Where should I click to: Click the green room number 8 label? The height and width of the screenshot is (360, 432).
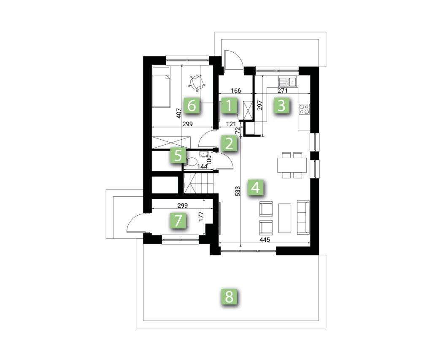pyautogui.click(x=229, y=296)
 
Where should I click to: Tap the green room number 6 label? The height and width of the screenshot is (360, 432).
pyautogui.click(x=192, y=105)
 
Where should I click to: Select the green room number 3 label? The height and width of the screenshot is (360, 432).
pyautogui.click(x=281, y=105)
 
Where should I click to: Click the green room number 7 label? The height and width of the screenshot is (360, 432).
pyautogui.click(x=178, y=221)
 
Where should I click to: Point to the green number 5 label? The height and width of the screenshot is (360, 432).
pyautogui.click(x=178, y=155)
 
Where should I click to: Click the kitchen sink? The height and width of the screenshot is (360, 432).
pyautogui.click(x=287, y=82)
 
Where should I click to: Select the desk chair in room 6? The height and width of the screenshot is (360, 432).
pyautogui.click(x=197, y=82)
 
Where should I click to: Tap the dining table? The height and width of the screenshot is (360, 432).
pyautogui.click(x=292, y=165)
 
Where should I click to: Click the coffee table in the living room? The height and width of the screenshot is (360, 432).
pyautogui.click(x=285, y=218)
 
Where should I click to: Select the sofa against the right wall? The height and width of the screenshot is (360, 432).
pyautogui.click(x=303, y=217)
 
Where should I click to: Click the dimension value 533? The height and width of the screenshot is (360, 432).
pyautogui.click(x=238, y=191)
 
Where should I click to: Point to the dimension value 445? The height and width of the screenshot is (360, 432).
pyautogui.click(x=265, y=240)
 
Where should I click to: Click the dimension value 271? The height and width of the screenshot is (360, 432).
pyautogui.click(x=282, y=90)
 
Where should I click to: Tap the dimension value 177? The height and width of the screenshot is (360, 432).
pyautogui.click(x=201, y=216)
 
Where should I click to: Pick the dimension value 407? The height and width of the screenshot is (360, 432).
pyautogui.click(x=179, y=113)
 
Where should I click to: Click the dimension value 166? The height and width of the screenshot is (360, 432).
pyautogui.click(x=236, y=90)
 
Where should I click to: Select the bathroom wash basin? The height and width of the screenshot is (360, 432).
pyautogui.click(x=205, y=154)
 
